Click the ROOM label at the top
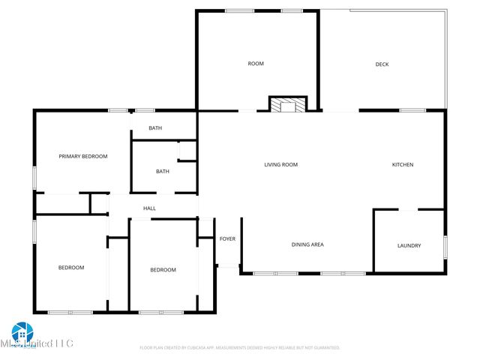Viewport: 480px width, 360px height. click(x=256, y=64)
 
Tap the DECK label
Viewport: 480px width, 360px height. click(x=382, y=64)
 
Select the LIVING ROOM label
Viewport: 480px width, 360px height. click(x=281, y=164)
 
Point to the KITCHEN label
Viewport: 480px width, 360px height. click(x=403, y=164)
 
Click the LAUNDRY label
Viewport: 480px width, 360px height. click(x=409, y=245)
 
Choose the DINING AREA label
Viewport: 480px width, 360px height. click(x=307, y=244)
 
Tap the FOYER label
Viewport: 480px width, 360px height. click(x=227, y=239)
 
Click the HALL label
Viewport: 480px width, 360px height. click(x=150, y=208)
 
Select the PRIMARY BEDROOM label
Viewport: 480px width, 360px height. click(x=83, y=156)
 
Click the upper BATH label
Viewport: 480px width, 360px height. click(x=155, y=127)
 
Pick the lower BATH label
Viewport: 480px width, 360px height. click(x=163, y=171)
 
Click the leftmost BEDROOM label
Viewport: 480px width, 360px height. click(x=71, y=267)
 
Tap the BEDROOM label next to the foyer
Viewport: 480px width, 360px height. click(x=163, y=269)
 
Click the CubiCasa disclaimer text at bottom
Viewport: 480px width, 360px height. click(x=240, y=348)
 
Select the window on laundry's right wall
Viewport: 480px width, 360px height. click(x=445, y=246)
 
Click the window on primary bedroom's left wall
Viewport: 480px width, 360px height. click(x=34, y=177)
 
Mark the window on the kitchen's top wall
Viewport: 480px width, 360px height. click(x=412, y=110)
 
